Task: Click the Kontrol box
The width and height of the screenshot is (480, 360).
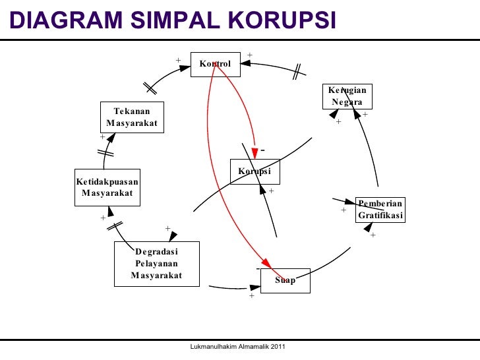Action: (215, 63)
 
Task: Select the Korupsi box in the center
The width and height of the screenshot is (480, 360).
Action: (255, 171)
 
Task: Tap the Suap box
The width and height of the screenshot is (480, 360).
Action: (285, 281)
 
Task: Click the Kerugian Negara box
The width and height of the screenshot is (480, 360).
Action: (347, 96)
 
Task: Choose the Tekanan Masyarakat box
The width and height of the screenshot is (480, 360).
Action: (132, 117)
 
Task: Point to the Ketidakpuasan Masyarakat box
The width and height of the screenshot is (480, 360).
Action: (107, 187)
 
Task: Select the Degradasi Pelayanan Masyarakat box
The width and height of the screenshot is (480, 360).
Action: (156, 263)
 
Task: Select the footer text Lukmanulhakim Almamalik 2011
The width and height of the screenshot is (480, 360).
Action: (237, 347)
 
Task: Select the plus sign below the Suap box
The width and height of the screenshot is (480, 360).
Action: (251, 296)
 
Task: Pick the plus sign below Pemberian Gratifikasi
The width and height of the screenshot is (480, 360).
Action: (373, 235)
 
